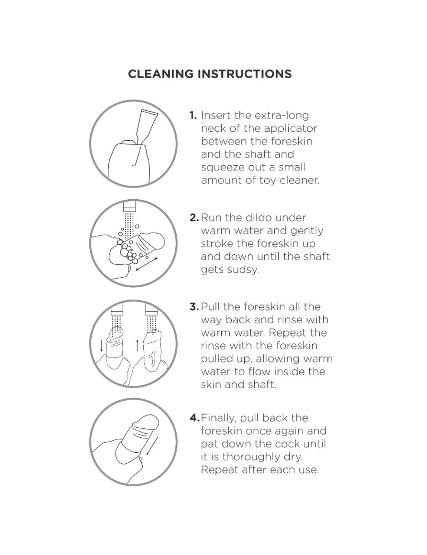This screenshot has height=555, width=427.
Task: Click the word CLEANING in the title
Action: (161, 74)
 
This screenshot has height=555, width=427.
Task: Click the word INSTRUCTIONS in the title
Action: (245, 74)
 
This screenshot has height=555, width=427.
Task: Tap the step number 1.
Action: (193, 115)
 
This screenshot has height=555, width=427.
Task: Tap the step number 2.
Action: (194, 218)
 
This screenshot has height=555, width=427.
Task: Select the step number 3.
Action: (194, 307)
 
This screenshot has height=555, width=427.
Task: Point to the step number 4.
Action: (194, 418)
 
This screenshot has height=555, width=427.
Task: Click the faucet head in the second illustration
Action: (129, 206)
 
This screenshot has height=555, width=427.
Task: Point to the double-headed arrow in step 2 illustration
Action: (147, 264)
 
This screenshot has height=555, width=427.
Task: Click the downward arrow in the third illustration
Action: (102, 345)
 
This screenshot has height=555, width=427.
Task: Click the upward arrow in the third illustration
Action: (137, 345)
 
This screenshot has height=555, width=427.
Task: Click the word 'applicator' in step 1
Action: (290, 129)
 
